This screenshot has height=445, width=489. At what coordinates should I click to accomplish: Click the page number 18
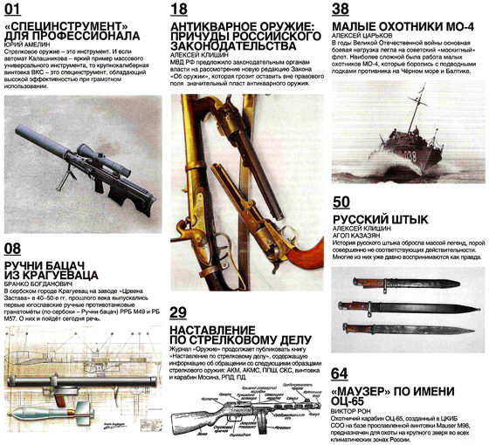pyautogui.click(x=179, y=10)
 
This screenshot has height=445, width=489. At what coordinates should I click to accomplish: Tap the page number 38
pyautogui.click(x=342, y=10)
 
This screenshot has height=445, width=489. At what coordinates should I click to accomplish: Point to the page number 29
pyautogui.click(x=178, y=313)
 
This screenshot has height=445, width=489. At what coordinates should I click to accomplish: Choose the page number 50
pyautogui.click(x=342, y=202)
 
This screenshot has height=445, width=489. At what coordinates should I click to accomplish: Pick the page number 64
pyautogui.click(x=342, y=374)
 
